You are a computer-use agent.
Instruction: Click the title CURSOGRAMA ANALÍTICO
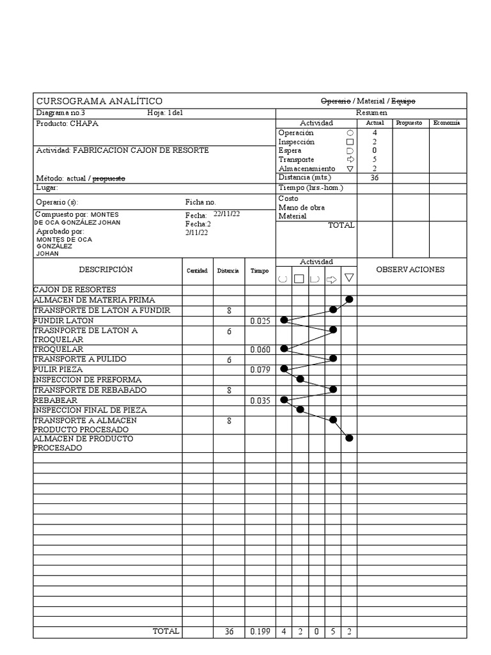tap(99, 101)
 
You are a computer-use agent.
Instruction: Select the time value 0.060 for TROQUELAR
tap(260, 350)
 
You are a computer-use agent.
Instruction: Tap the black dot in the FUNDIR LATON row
tap(284, 320)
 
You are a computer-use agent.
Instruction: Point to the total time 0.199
tap(260, 631)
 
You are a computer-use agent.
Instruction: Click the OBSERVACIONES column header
tap(410, 270)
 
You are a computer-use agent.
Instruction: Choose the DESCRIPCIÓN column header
tap(106, 270)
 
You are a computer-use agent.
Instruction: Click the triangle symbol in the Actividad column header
tap(349, 278)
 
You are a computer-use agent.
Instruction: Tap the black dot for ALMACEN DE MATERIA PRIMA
tap(349, 299)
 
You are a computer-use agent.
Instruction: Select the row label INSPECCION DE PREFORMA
tap(87, 379)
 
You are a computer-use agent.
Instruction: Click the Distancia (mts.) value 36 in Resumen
tap(375, 178)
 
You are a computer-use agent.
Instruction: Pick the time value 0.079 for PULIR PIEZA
tap(260, 370)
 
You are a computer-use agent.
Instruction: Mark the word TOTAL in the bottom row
tap(166, 631)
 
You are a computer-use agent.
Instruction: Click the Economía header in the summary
tap(447, 123)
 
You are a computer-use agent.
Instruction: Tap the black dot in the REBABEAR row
tap(284, 400)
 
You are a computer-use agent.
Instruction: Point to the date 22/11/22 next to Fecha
tap(226, 214)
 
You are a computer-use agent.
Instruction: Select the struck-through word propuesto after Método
tap(109, 178)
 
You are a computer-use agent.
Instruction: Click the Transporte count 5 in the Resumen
tap(375, 159)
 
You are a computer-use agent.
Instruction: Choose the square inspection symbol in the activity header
tap(299, 278)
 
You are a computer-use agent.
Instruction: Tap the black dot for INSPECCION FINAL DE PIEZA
tap(300, 409)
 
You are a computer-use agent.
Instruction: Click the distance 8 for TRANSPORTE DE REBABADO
tap(229, 390)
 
